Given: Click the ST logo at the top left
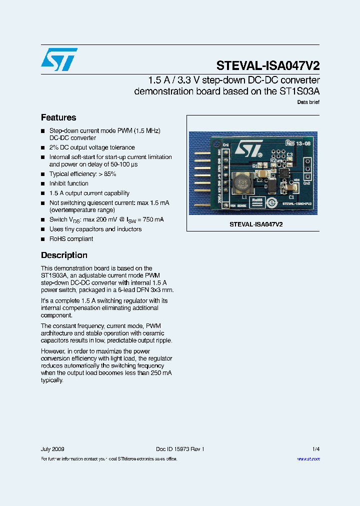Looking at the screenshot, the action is [x=59, y=59].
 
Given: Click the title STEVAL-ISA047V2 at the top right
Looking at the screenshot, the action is [x=268, y=66].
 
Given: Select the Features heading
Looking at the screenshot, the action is [x=58, y=117].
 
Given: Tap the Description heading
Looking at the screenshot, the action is [x=64, y=255].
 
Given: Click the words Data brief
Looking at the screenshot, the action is [x=308, y=102].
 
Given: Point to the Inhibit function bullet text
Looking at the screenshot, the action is [x=69, y=183].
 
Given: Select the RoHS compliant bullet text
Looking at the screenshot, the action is [x=71, y=238].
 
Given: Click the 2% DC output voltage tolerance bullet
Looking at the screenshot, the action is [x=92, y=147].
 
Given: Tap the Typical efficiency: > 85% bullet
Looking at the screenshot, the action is [x=83, y=174].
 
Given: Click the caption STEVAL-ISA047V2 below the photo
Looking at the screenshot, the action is [x=256, y=224].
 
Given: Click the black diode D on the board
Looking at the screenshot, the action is [x=270, y=186].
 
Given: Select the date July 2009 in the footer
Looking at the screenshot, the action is [x=52, y=449].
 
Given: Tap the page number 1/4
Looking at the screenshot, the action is [x=316, y=449].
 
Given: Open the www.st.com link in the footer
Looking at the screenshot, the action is [x=308, y=458].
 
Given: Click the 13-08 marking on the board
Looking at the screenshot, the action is [x=302, y=143].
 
